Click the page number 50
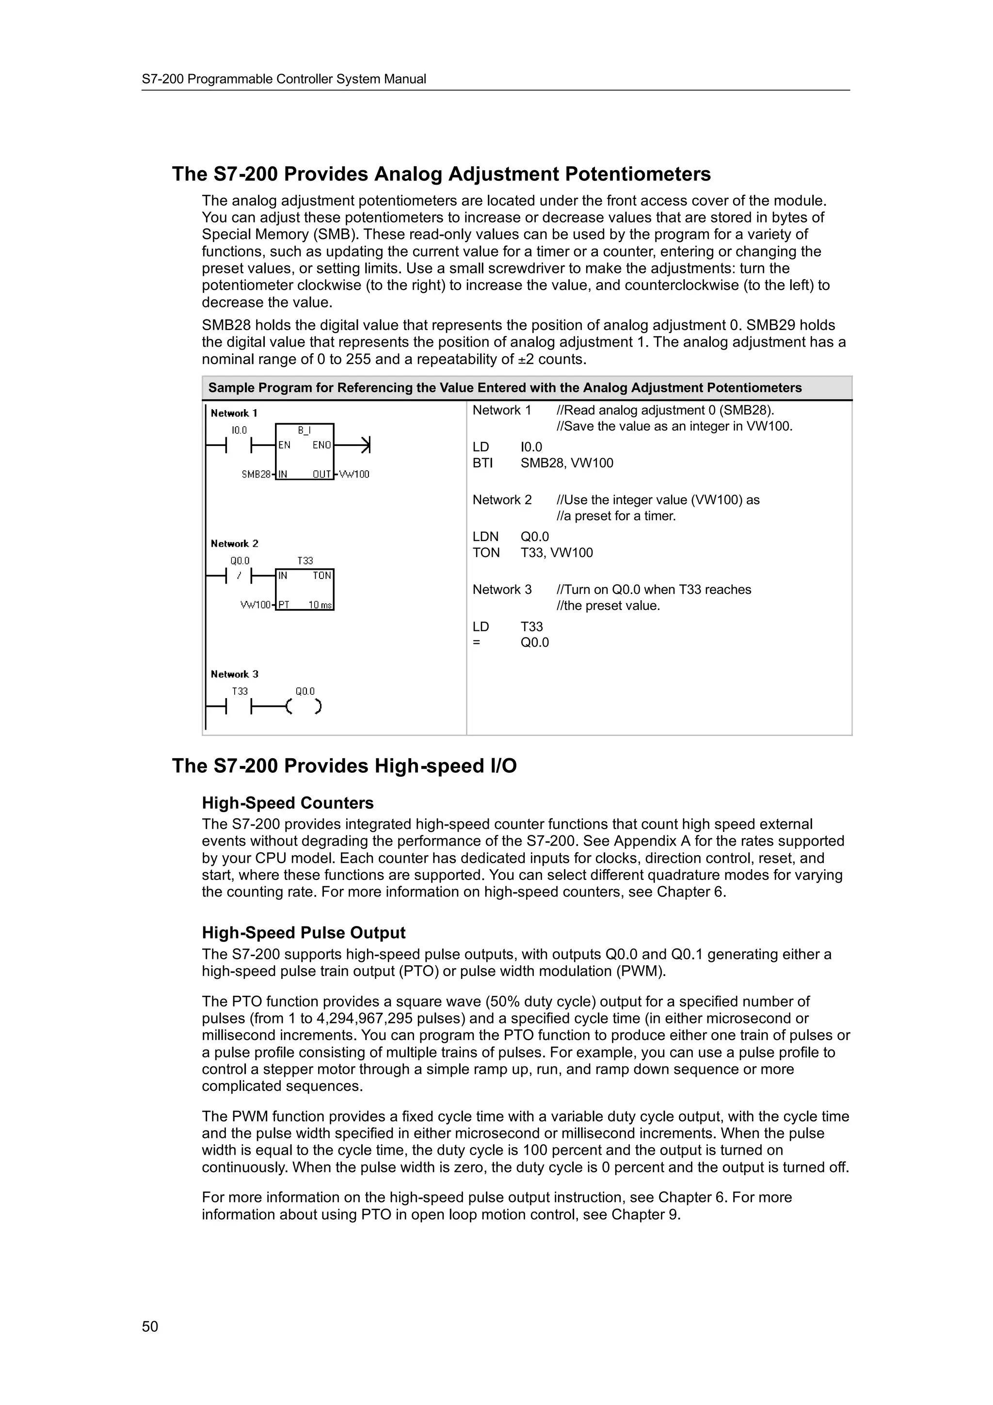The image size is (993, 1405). click(x=150, y=1326)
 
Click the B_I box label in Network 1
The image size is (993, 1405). click(x=304, y=430)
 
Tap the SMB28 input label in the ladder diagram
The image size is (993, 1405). click(x=256, y=474)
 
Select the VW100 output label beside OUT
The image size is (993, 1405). click(x=354, y=474)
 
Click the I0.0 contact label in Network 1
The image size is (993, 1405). click(x=239, y=430)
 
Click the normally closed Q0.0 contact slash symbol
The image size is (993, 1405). click(x=239, y=576)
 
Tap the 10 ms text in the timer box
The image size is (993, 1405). click(x=320, y=605)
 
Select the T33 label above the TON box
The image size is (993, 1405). click(x=304, y=560)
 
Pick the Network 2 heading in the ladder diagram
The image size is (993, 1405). click(x=234, y=543)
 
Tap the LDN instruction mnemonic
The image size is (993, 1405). click(x=485, y=537)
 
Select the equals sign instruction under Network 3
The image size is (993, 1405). click(x=477, y=642)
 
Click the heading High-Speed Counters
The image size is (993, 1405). click(x=288, y=803)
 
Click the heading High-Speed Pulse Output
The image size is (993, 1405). click(x=304, y=933)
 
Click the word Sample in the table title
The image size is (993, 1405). click(x=230, y=388)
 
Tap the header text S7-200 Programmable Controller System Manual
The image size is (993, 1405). click(x=284, y=79)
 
